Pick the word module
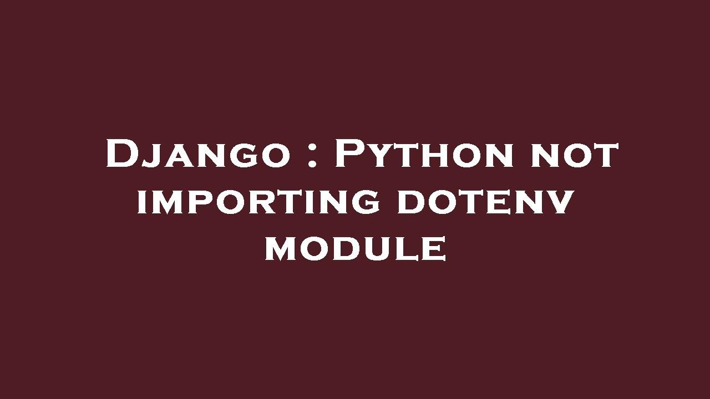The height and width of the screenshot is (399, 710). click(x=356, y=250)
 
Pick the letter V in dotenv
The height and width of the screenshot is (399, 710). click(x=556, y=203)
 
